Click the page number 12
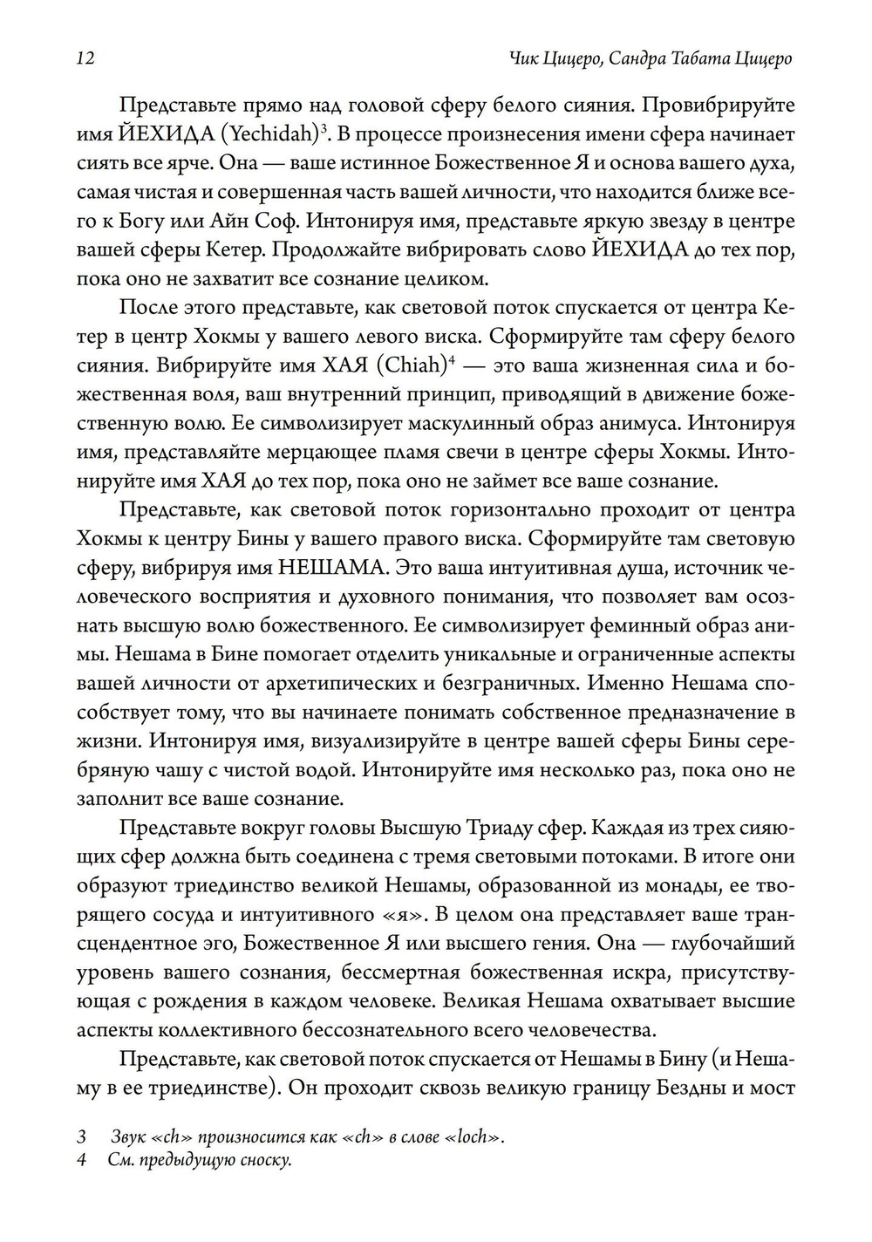click(x=85, y=58)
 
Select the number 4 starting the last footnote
click(x=81, y=1161)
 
